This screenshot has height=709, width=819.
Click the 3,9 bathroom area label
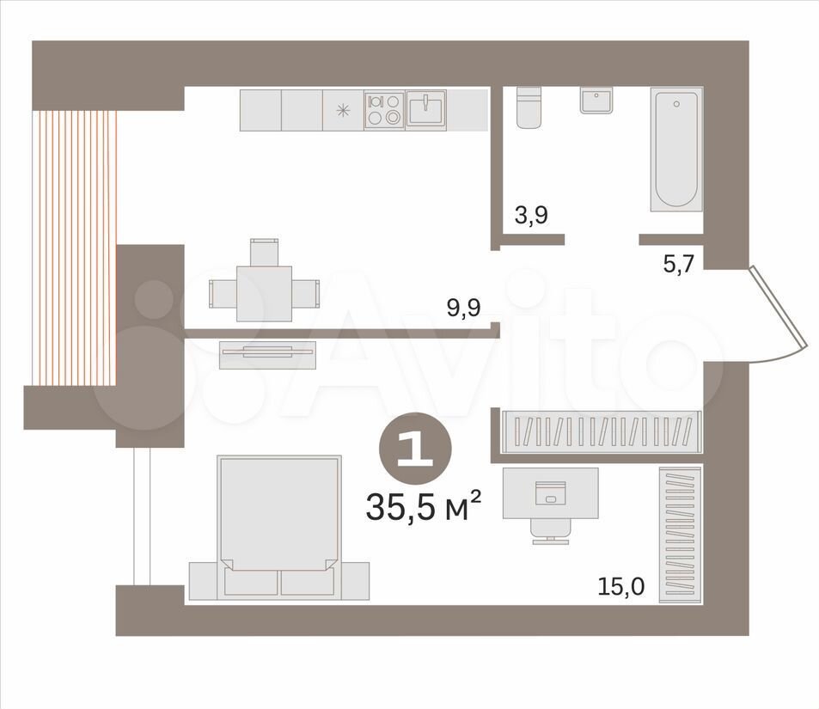(x=531, y=215)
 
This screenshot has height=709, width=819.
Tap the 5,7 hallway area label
(x=679, y=265)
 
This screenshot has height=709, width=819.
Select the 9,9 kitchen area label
(x=464, y=308)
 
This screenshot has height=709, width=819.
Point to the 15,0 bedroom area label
(x=621, y=587)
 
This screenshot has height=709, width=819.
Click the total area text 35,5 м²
(x=423, y=506)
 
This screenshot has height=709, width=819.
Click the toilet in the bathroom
(x=529, y=107)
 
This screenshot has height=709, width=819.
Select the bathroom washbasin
(x=596, y=101)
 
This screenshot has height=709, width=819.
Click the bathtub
(x=676, y=150)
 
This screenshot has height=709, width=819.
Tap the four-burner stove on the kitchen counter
(x=384, y=110)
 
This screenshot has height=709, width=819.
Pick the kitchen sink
(x=425, y=110)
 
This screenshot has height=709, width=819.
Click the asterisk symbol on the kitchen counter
(x=343, y=110)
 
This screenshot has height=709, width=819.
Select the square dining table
(x=264, y=294)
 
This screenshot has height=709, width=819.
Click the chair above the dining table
(x=265, y=252)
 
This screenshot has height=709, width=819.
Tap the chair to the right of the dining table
(x=306, y=293)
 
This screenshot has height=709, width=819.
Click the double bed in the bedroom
(x=279, y=528)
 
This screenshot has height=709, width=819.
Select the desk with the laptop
(x=551, y=493)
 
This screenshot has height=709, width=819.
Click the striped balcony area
(x=74, y=248)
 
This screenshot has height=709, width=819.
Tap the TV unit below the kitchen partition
(x=267, y=355)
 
